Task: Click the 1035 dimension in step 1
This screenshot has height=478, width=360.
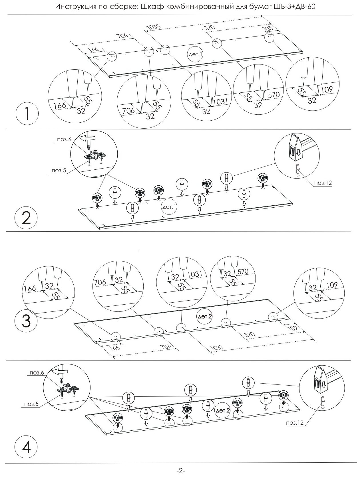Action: tap(154, 27)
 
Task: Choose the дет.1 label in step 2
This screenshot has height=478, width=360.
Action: tap(169, 207)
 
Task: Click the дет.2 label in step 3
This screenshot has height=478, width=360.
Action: tap(205, 316)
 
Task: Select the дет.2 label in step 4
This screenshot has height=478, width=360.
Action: tap(223, 411)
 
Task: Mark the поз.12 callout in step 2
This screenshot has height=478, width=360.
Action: tap(323, 183)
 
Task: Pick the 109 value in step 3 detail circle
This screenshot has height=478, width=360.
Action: tap(331, 285)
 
